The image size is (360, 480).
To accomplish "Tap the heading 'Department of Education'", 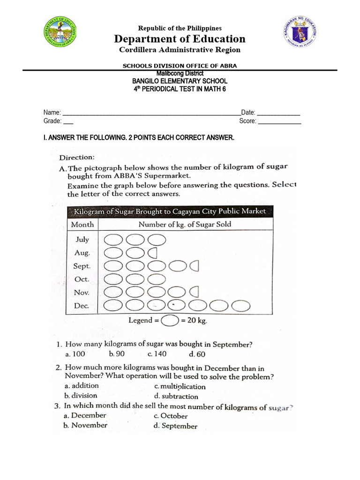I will [x=180, y=38].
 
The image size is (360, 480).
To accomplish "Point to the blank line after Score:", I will [x=279, y=122].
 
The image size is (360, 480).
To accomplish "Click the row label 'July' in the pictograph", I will [x=82, y=240].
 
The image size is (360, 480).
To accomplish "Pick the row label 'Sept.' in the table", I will [x=82, y=266].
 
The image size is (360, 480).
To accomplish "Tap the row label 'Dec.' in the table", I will [x=82, y=306].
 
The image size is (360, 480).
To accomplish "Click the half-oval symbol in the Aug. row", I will [x=152, y=253].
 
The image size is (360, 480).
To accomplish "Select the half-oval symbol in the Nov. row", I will [x=194, y=293].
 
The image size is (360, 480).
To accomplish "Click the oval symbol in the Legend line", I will [x=169, y=321].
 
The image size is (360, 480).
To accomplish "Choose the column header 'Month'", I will [x=82, y=225].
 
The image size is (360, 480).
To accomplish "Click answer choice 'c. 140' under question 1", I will [x=157, y=354].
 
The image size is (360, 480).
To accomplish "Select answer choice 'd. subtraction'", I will [x=176, y=396].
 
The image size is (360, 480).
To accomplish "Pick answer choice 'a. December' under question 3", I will [x=85, y=416].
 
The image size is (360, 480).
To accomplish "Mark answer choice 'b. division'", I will [x=81, y=396].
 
